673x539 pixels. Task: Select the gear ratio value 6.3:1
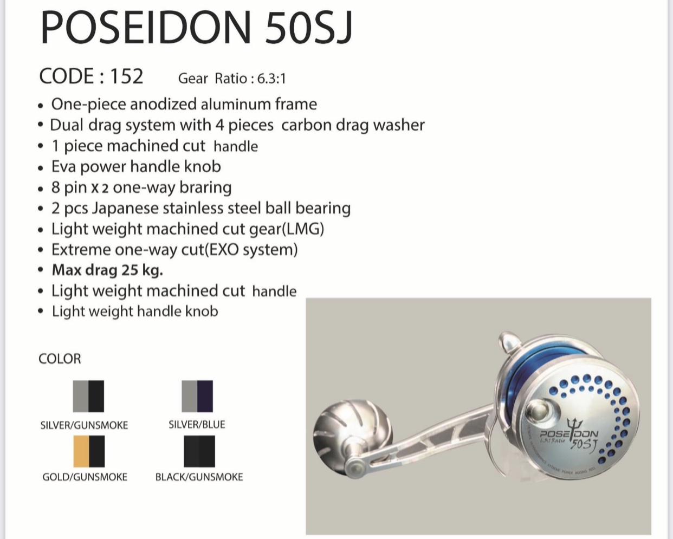click(271, 79)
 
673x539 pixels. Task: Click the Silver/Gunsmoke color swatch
click(88, 396)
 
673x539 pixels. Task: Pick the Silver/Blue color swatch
click(197, 396)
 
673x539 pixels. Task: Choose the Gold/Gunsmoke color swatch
click(89, 451)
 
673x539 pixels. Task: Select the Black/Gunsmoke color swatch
click(199, 451)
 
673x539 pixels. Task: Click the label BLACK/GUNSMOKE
click(199, 477)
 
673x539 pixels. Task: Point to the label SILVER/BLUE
click(197, 425)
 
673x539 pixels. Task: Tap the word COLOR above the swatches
click(60, 359)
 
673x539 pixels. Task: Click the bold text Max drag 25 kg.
click(107, 270)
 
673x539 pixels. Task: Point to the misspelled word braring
click(205, 188)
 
